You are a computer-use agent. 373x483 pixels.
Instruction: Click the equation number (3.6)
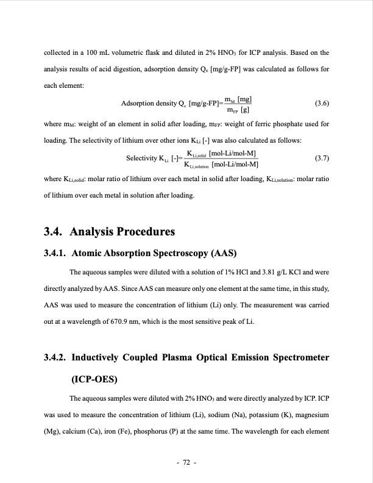click(x=322, y=103)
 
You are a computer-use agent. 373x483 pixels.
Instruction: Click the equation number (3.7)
click(x=322, y=158)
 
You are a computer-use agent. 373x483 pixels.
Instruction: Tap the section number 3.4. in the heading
click(x=55, y=232)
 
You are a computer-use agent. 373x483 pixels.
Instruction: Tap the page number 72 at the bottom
click(x=187, y=463)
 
